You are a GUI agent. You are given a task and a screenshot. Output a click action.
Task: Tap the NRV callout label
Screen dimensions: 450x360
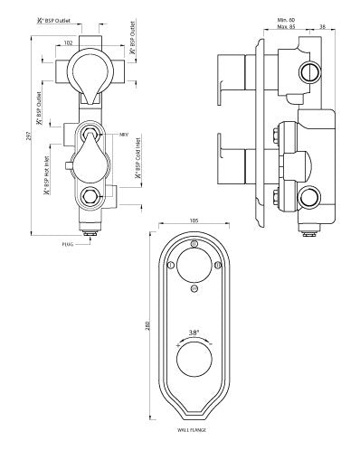[125, 135]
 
